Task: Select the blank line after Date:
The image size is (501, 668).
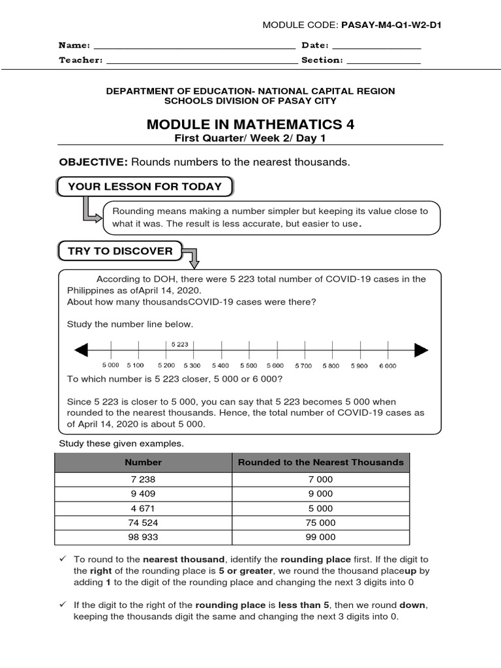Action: coord(376,47)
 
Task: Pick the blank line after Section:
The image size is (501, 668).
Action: coord(383,61)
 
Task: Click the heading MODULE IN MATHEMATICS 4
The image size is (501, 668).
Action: coord(250,124)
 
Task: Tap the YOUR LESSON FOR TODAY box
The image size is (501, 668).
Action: coord(145,187)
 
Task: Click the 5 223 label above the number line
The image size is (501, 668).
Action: coord(180,344)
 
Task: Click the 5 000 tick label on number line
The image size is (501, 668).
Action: coord(111,366)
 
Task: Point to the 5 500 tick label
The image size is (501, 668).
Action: coord(249,366)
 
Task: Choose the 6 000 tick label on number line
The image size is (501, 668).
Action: coord(387,366)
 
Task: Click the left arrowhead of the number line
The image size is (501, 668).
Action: coord(81,351)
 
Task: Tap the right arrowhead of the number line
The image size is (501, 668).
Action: coord(421,351)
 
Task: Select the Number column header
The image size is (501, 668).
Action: coord(144,462)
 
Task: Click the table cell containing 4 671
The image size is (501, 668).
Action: coord(144,508)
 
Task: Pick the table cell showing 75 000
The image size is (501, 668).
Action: coord(321,523)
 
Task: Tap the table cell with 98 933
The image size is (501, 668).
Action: coord(144,537)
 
